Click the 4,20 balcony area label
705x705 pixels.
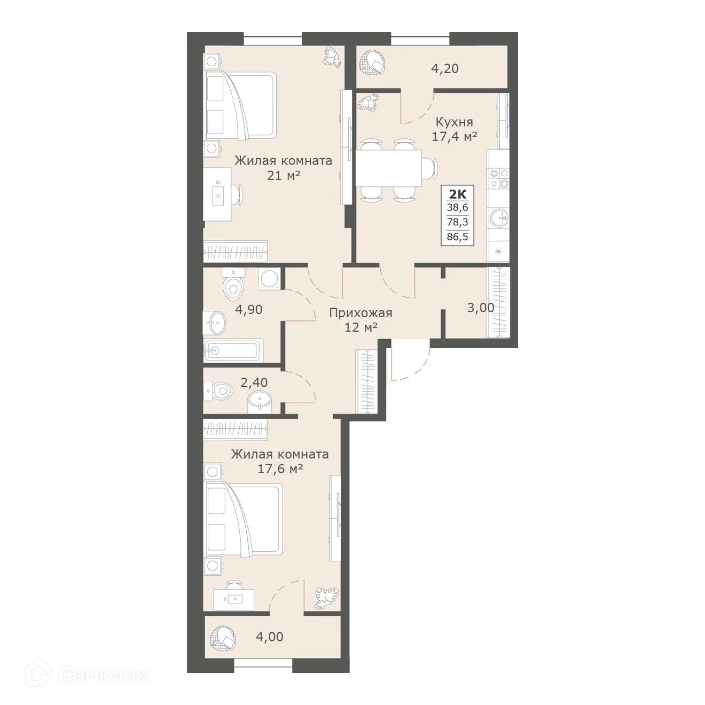pos(444,68)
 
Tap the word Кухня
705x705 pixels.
pos(454,122)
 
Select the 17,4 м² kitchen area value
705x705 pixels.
pos(454,137)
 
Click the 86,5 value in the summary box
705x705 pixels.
pos(457,237)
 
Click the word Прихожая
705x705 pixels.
pos(361,313)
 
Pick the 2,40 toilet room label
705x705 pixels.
pos(254,382)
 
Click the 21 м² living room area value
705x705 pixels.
pos(283,175)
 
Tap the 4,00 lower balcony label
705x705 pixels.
pos(269,637)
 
